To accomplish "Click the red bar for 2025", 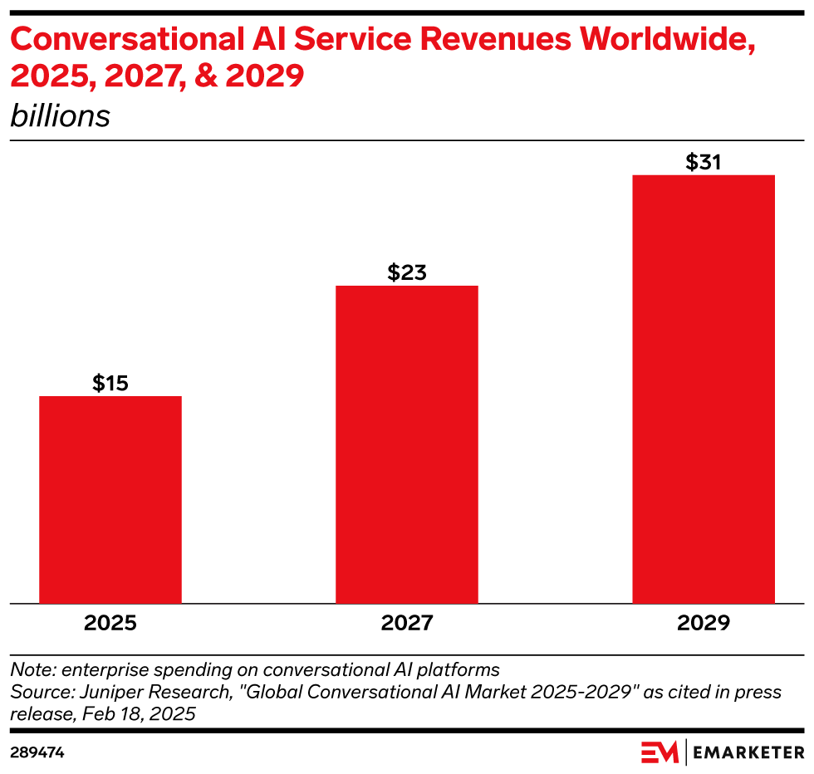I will tap(110, 499).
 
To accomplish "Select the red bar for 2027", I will tap(407, 444).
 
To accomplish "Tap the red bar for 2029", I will tap(704, 389).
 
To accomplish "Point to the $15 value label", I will tap(110, 383).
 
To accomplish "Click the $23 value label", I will tap(407, 272).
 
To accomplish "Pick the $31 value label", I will tap(704, 162).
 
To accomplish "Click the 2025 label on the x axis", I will tap(110, 623).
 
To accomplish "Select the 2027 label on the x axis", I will tap(407, 623).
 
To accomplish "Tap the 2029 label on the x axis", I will tap(704, 623).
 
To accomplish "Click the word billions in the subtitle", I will tap(60, 115).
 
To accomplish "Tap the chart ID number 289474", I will tap(37, 752).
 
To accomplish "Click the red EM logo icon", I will tap(660, 752).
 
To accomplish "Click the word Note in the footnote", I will tap(29, 669).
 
